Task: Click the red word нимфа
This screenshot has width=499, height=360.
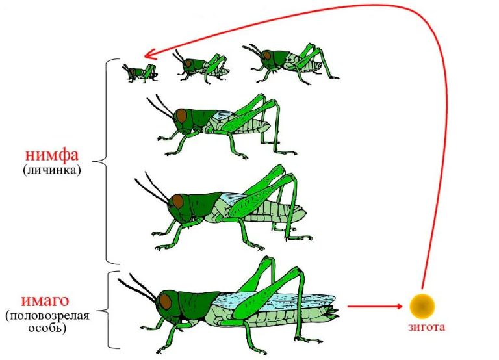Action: (51, 155)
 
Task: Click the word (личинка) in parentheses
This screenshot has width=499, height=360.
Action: (51, 170)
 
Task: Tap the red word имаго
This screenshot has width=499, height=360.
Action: (45, 301)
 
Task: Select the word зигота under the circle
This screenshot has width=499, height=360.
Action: (426, 327)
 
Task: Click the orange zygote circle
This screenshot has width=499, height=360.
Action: (422, 306)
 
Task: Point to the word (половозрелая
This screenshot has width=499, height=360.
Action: (47, 316)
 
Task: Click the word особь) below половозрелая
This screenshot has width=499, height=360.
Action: (47, 328)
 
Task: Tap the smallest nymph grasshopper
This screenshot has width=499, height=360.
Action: (140, 73)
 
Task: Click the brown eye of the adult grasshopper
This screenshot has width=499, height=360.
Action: (165, 302)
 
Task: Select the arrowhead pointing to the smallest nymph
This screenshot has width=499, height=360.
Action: (149, 55)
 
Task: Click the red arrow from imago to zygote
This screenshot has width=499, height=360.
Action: (375, 307)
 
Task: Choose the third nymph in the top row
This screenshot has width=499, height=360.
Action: (290, 63)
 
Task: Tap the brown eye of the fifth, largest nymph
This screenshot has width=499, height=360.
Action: (177, 201)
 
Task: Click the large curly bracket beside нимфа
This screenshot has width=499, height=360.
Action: (105, 161)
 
